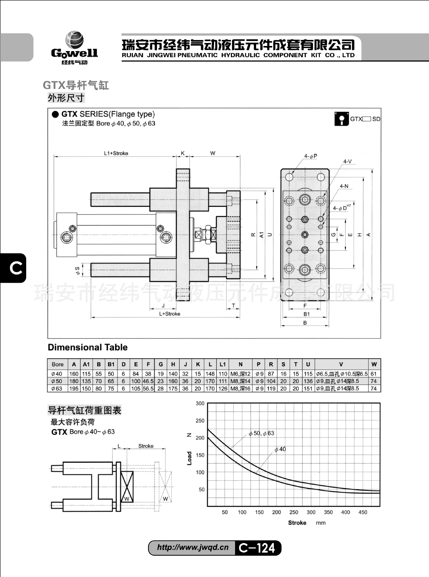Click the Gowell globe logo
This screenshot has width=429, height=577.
point(74,40)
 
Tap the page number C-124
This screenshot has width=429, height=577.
point(257,548)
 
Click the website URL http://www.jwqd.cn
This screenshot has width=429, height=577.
point(193,547)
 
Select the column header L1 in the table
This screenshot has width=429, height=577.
point(222,364)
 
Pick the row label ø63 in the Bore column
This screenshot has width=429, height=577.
point(57,388)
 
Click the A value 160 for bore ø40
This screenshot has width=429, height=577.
point(74,374)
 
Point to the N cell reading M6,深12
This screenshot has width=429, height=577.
point(240,374)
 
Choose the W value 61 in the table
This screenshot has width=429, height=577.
point(374,374)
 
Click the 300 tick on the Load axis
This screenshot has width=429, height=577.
point(200,403)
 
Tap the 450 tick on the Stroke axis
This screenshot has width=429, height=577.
point(363,512)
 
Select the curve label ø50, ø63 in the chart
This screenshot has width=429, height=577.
point(261,433)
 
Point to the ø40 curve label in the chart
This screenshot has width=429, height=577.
point(280,449)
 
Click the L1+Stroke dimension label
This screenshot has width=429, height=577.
point(116,153)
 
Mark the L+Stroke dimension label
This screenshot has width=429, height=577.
point(170,314)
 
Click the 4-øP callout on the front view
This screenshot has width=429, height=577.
point(311,156)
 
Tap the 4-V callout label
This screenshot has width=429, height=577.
point(347,161)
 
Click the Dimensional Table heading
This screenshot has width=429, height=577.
point(87,347)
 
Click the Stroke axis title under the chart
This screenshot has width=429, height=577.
point(297,523)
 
